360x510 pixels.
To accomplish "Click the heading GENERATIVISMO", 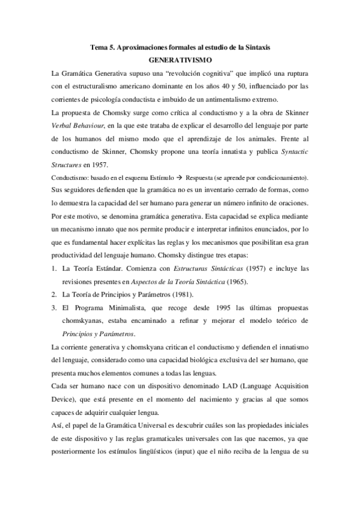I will pos(180,60).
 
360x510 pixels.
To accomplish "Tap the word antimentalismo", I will pos(228,100).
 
